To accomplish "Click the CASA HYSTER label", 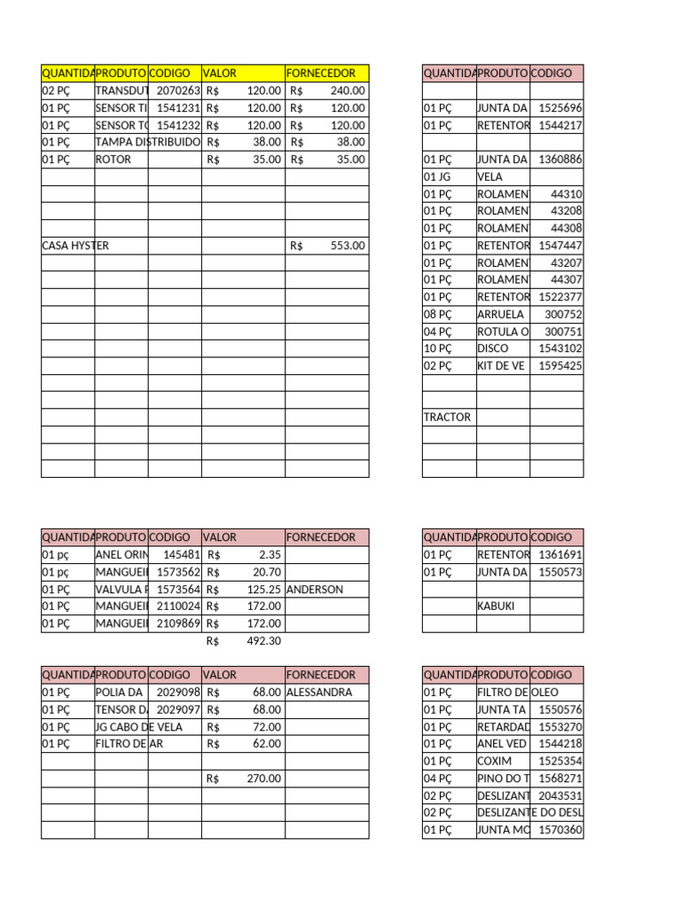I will (x=75, y=246).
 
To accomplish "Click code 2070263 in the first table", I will (x=178, y=90).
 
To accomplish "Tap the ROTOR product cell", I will (x=113, y=160).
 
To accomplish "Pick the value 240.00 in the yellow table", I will (x=347, y=90).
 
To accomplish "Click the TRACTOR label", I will (x=448, y=417).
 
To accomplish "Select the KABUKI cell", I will (x=497, y=607).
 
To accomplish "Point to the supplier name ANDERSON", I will (x=316, y=589).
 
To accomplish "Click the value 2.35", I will (x=270, y=555).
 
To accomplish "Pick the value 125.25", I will (x=264, y=589).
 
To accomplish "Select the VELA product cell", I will (x=489, y=177).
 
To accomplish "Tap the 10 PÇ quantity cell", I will (x=438, y=348).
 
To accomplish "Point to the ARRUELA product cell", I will (x=500, y=314).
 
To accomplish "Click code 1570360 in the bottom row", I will (x=560, y=830).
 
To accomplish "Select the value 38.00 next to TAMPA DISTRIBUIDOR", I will (x=266, y=142).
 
